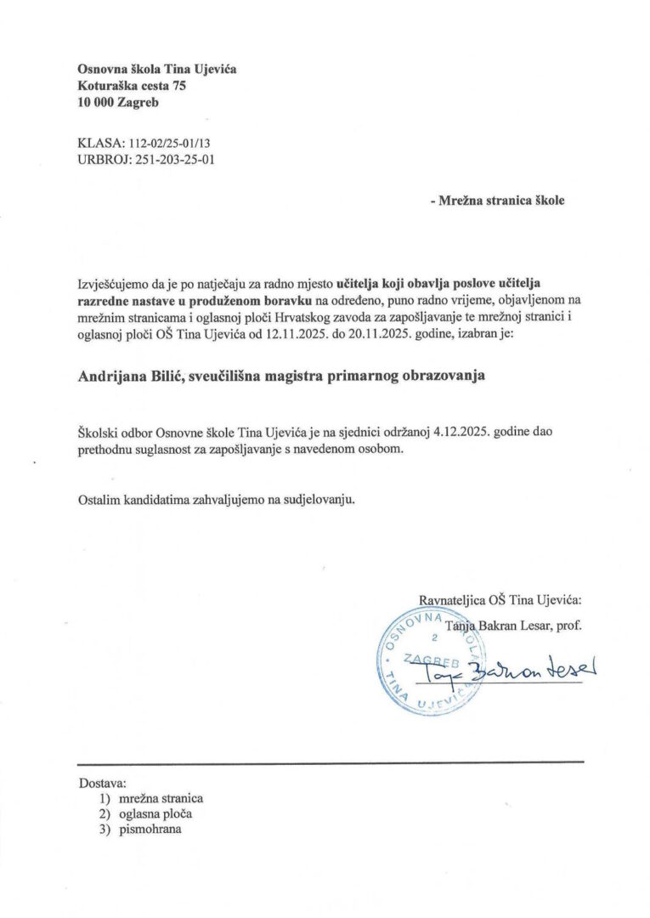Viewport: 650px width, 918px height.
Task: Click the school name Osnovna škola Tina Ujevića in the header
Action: click(x=156, y=69)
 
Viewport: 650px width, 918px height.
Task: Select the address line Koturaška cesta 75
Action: click(x=131, y=86)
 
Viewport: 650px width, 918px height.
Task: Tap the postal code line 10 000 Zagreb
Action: click(x=117, y=103)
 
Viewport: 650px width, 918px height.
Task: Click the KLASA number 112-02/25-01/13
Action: click(x=170, y=140)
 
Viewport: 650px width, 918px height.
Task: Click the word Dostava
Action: click(x=101, y=782)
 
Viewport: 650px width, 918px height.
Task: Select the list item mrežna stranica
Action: click(x=161, y=799)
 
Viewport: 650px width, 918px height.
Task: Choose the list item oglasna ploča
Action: click(x=155, y=814)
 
